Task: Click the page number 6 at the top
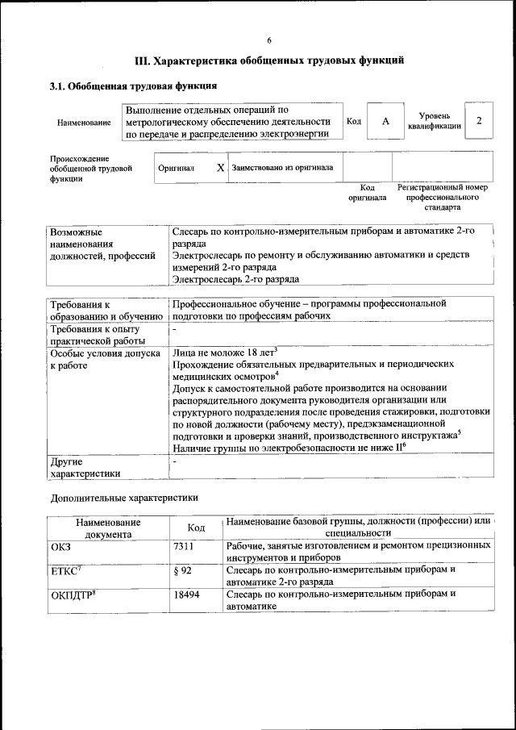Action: pos(269,40)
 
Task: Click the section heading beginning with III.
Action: pos(268,60)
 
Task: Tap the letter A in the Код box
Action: pos(385,121)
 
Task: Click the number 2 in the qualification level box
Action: pos(479,121)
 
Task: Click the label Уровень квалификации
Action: pos(434,121)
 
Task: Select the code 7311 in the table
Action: pos(184,546)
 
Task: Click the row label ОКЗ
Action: pos(61,546)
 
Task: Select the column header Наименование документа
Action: pos(108,528)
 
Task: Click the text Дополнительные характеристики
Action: pos(123,498)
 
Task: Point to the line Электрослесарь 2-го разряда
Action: pos(235,279)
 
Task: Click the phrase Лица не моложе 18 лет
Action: pos(224,352)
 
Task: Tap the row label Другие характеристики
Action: pos(85,468)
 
